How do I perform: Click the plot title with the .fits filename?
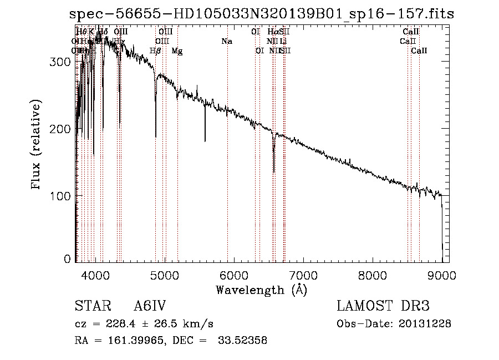pyautogui.click(x=262, y=14)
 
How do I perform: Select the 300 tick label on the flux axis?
pyautogui.click(x=63, y=62)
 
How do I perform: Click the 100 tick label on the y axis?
pyautogui.click(x=63, y=196)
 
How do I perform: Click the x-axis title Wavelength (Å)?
pyautogui.click(x=261, y=290)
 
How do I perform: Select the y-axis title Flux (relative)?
pyautogui.click(x=37, y=145)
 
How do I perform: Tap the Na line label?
pyautogui.click(x=226, y=41)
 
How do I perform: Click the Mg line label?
pyautogui.click(x=177, y=50)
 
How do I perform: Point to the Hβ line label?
pyautogui.click(x=155, y=50)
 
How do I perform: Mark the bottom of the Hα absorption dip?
pyautogui.click(x=273, y=171)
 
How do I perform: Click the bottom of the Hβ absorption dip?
pyautogui.click(x=155, y=136)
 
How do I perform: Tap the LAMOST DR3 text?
pyautogui.click(x=383, y=306)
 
